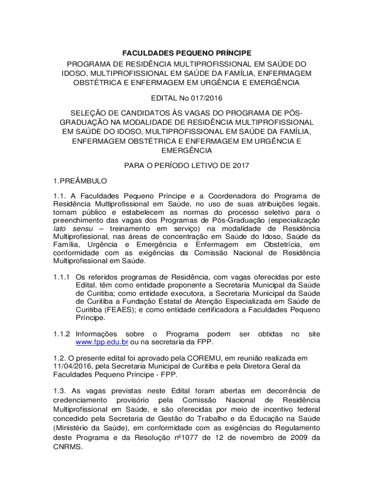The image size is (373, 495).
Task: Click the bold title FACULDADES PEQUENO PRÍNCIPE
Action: click(x=186, y=52)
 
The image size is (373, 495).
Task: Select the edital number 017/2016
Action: click(x=205, y=98)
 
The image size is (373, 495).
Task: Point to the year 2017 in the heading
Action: click(x=240, y=165)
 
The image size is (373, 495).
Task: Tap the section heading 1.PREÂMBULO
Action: click(x=79, y=181)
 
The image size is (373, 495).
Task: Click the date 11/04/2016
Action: click(x=72, y=366)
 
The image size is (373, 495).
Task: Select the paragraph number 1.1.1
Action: click(x=62, y=277)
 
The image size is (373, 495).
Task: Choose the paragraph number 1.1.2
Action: click(x=62, y=334)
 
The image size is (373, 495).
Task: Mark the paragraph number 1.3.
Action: click(x=60, y=391)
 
